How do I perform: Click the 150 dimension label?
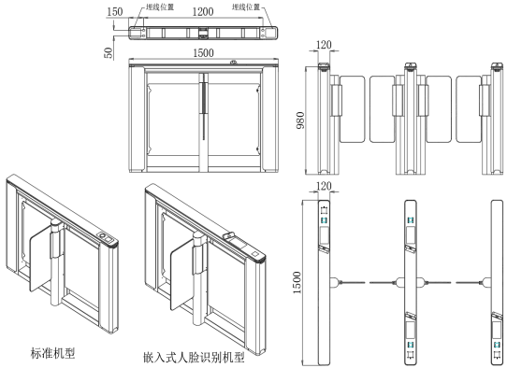115,12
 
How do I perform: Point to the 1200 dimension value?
203,12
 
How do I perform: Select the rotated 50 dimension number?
109,53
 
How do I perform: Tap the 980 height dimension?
300,120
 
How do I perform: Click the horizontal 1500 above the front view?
203,53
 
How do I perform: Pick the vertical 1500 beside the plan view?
297,282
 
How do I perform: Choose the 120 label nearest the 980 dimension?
324,45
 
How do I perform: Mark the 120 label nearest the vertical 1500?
324,186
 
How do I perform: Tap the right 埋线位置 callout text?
246,7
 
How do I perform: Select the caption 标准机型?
52,353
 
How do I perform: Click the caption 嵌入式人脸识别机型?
194,358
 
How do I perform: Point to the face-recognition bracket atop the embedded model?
228,234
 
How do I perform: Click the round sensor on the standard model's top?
102,235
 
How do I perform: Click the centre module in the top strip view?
203,33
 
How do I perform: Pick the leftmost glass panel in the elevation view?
352,109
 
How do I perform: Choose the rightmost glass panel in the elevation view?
470,109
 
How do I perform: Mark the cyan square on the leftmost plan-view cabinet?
324,220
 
